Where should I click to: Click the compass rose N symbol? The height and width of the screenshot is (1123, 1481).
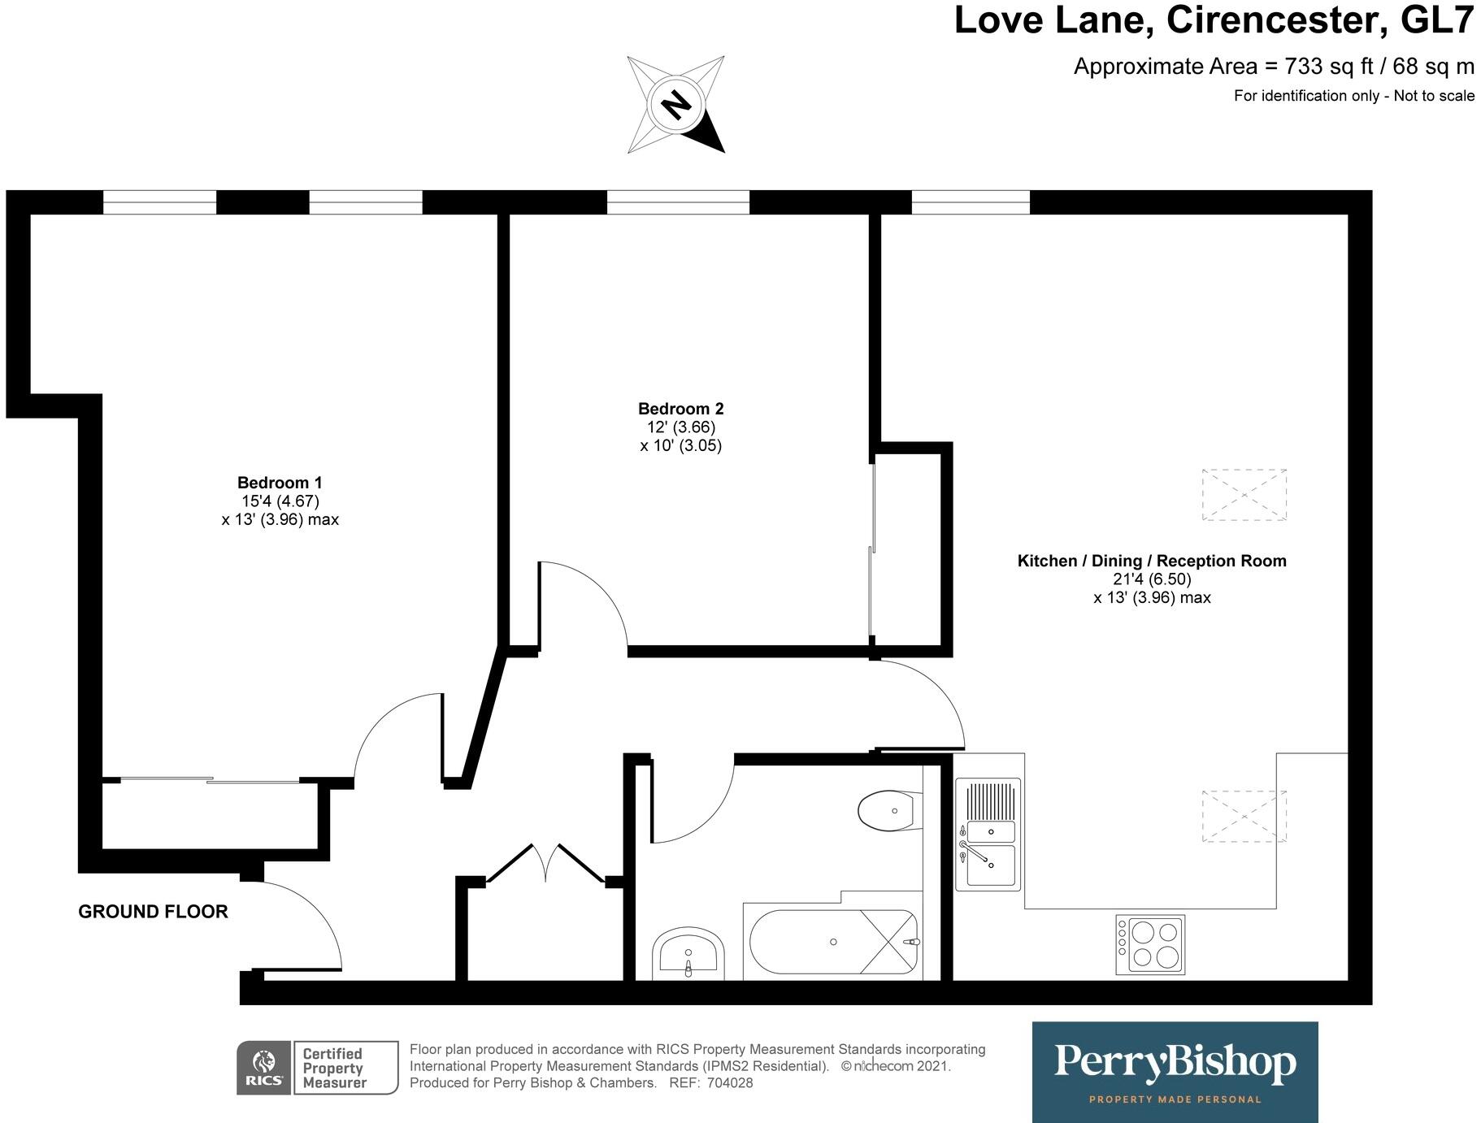click(676, 104)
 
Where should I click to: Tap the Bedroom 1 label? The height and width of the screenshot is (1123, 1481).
click(280, 483)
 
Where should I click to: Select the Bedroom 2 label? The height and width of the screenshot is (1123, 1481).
click(680, 409)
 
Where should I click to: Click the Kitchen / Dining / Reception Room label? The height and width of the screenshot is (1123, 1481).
click(1152, 561)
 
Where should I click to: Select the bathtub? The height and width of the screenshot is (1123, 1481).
click(833, 942)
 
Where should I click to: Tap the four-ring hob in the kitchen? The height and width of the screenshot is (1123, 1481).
click(1150, 944)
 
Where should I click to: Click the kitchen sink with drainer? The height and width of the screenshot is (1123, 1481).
click(988, 834)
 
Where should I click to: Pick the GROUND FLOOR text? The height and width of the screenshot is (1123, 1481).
click(153, 912)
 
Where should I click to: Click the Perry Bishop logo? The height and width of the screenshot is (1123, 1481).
click(1175, 1071)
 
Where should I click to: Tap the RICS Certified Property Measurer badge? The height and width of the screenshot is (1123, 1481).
click(317, 1068)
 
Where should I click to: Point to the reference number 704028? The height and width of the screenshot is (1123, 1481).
click(730, 1083)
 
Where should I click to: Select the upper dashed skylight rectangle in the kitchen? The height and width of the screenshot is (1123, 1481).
click(1244, 495)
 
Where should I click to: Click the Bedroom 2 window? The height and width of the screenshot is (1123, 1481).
click(678, 202)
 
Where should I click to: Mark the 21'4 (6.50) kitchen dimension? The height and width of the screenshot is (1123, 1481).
click(1152, 579)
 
